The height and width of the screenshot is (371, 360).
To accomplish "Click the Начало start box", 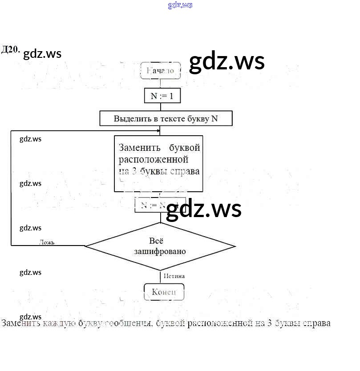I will [x=160, y=71].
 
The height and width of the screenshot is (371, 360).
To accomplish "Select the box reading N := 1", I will [x=162, y=96].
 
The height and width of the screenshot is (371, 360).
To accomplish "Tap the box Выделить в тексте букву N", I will [x=166, y=119].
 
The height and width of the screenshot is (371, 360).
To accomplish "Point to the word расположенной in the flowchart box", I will [x=154, y=159].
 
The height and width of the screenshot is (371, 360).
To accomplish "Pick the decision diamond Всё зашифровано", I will [x=160, y=246].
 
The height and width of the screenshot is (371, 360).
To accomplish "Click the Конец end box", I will [x=164, y=292].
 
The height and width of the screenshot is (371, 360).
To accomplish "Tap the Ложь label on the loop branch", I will [x=47, y=242].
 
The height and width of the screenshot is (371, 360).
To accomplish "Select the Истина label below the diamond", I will [x=174, y=276].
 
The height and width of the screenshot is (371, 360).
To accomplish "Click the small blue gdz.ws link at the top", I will [x=180, y=5].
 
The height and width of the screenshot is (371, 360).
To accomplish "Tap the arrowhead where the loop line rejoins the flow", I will [x=158, y=131].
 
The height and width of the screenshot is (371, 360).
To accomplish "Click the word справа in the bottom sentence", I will [x=316, y=323].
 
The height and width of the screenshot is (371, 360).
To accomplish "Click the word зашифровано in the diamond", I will [x=160, y=251].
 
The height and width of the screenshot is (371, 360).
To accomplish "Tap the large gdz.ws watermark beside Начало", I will [x=227, y=62].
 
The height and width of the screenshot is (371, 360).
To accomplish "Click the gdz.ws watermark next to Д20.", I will [x=42, y=54].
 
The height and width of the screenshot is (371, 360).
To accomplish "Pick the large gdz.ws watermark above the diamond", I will [x=203, y=209].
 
